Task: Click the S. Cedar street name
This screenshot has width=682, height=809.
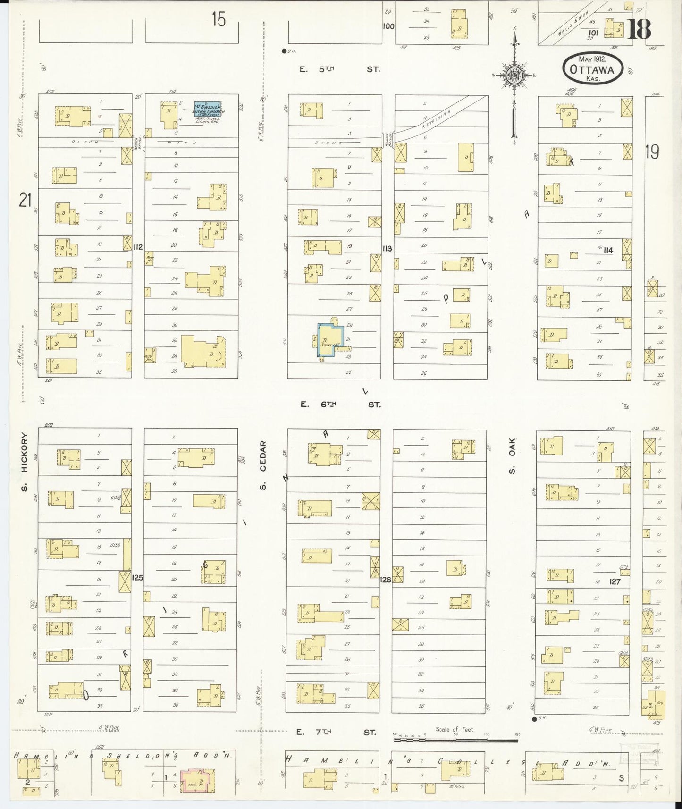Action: click(263, 465)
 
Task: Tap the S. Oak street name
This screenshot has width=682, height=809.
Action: click(513, 456)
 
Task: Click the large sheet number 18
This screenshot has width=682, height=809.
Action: click(639, 29)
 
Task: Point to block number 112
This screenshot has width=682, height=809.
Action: click(138, 246)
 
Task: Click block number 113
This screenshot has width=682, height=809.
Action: click(387, 248)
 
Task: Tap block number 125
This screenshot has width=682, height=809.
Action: click(138, 577)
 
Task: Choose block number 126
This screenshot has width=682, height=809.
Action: click(386, 580)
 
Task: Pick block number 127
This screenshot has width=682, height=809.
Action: click(615, 582)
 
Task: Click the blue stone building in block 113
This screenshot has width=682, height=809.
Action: click(328, 341)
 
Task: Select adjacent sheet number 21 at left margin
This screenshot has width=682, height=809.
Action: click(25, 201)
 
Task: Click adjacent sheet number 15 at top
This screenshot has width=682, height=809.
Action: click(219, 20)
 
